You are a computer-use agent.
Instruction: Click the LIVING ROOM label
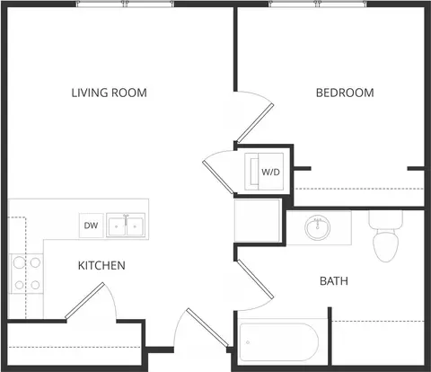pos(109,93)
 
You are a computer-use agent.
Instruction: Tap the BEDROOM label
pos(345,93)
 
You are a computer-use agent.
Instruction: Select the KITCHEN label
pos(101,266)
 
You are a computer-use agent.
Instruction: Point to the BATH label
pos(334,281)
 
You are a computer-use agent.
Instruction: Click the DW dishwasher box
pos(91,226)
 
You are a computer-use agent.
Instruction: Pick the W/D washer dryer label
pos(270,173)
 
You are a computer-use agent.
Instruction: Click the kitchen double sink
pos(126,226)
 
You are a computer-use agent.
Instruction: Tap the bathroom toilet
pos(385,236)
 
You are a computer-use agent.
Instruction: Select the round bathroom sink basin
pos(318,227)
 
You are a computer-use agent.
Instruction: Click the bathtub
pos(278,342)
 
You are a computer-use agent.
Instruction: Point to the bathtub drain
pos(248,342)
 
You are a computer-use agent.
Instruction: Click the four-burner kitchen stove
pos(27,274)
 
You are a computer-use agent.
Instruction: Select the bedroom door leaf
pos(254,123)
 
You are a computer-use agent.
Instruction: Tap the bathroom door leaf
pos(255,279)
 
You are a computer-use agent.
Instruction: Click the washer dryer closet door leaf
pos(217,177)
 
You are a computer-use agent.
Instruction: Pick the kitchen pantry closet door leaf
pos(84,300)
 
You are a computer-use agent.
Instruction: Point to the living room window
pos(125,4)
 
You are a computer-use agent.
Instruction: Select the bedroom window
pos(318,4)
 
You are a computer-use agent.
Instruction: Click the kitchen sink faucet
pos(126,219)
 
